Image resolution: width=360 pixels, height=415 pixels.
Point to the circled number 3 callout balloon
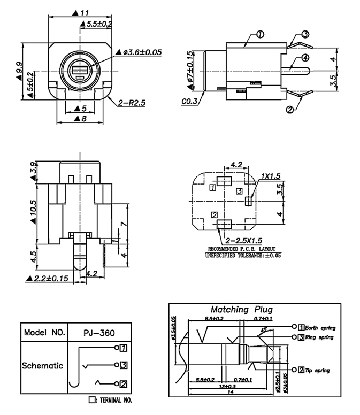[305, 35]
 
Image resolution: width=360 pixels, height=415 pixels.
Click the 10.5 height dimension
[33, 210]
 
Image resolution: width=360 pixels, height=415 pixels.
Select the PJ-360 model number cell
[99, 333]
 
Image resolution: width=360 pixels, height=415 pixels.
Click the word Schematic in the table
[43, 366]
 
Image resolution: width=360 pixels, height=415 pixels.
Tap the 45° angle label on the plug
[264, 330]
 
